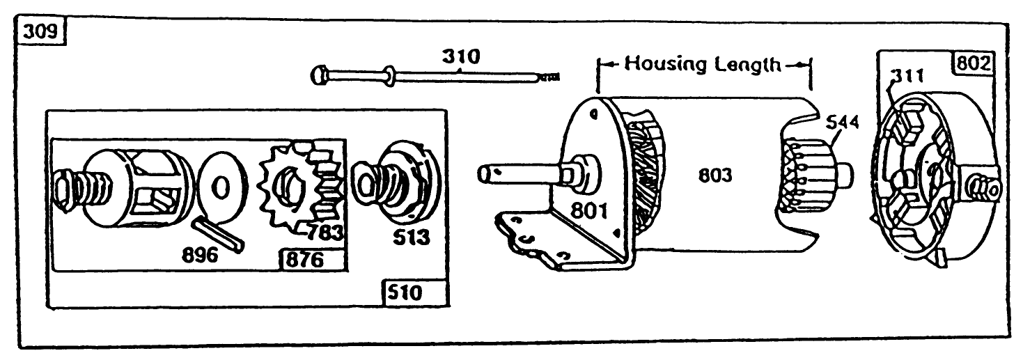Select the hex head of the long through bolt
(320, 72)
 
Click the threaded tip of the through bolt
(550, 79)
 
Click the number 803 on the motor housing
(716, 175)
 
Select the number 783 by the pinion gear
(325, 232)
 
